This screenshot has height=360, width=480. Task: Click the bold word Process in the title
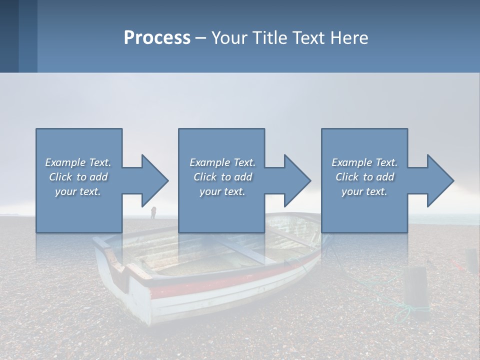(x=157, y=38)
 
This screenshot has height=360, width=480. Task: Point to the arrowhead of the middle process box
(x=296, y=180)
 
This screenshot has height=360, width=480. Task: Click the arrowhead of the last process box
(x=439, y=180)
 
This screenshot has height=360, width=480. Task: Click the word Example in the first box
(x=65, y=162)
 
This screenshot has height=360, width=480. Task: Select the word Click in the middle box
(x=204, y=177)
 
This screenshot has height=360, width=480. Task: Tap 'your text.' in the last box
(x=364, y=191)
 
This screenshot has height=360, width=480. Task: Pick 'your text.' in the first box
(x=78, y=191)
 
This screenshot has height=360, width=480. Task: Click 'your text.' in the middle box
(x=222, y=191)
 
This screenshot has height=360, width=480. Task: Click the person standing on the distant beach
(x=153, y=213)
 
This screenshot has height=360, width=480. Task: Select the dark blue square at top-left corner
(x=9, y=36)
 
